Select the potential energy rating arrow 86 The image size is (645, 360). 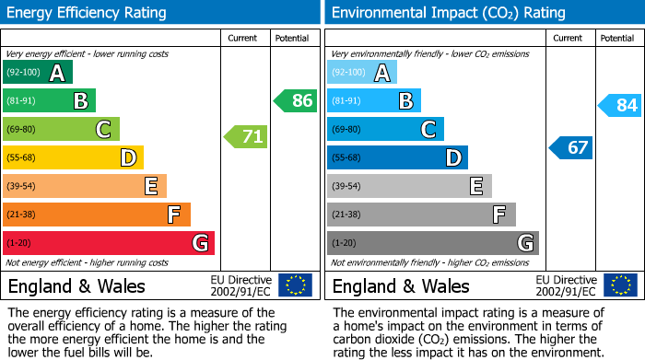tap(297, 101)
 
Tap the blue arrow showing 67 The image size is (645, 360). tap(572, 147)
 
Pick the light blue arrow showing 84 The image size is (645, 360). tap(621, 106)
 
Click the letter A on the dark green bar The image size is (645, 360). tap(57, 73)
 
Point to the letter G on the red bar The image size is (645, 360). tap(199, 243)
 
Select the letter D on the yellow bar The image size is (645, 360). tap(128, 158)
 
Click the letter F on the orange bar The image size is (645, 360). tap(173, 215)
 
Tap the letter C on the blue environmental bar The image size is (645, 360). tap(428, 130)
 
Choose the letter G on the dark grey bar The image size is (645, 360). tap(525, 243)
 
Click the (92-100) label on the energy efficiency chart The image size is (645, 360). tap(23, 73)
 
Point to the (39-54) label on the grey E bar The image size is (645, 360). tap(348, 187)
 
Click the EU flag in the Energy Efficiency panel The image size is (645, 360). tap(295, 285)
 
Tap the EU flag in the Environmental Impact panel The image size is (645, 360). tap(619, 285)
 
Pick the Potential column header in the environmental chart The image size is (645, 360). tap(617, 38)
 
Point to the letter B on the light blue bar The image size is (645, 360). tap(405, 101)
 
